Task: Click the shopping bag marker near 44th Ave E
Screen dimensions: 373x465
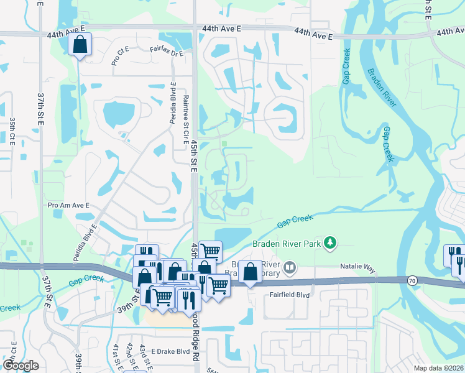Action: [x=80, y=45]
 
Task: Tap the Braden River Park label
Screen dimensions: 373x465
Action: [x=287, y=244]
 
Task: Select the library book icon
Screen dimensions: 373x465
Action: [x=289, y=269]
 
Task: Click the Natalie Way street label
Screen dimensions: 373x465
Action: [x=358, y=267]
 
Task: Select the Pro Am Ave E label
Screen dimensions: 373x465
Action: [x=68, y=205]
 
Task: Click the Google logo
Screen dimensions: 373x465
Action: [x=21, y=366]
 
